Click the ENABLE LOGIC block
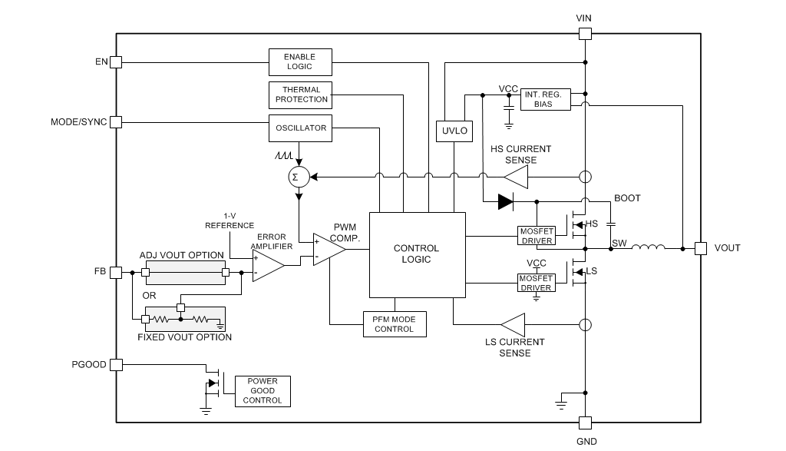301,61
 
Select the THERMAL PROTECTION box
301,95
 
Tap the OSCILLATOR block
301,128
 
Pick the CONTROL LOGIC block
417,254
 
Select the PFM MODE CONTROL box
394,324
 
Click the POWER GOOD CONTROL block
263,390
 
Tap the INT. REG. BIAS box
546,99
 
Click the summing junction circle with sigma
297,177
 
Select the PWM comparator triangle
328,249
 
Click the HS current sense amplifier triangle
518,177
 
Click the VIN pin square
585,33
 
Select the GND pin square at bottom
585,423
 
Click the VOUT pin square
700,248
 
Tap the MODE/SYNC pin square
116,122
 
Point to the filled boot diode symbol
505,202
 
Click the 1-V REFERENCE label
229,221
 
